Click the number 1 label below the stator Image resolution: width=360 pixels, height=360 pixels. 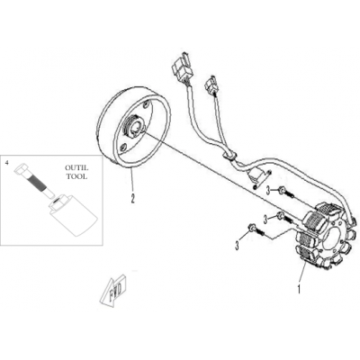point(299,289)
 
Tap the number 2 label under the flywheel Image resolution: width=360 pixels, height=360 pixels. point(132,198)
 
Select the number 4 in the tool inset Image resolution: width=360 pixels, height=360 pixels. point(7,162)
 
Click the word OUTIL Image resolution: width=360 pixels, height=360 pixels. point(77,168)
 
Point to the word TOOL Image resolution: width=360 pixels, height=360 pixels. point(77,176)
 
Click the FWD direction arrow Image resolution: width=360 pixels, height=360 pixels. point(113,291)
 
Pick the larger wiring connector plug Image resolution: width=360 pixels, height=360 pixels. point(181,66)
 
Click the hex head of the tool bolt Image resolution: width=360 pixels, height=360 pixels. point(21,169)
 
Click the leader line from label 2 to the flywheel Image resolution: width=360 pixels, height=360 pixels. point(131,181)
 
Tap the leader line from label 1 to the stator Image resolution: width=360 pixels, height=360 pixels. point(301,274)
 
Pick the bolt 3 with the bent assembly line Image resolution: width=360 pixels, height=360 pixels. point(254,229)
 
